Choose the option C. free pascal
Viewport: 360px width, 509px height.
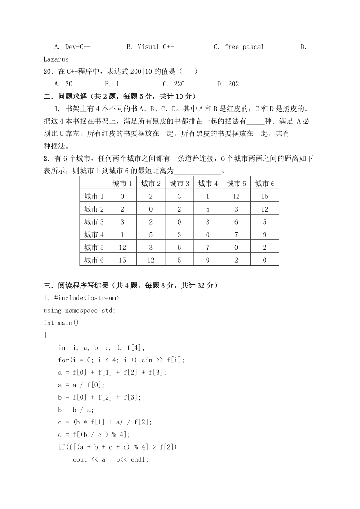(239, 47)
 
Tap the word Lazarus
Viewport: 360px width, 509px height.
(56, 59)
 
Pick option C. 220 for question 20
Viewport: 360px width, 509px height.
(174, 84)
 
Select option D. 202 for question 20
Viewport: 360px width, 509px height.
(228, 84)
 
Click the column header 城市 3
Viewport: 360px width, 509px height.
(179, 184)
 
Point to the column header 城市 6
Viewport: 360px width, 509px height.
(265, 184)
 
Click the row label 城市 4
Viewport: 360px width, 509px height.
(94, 234)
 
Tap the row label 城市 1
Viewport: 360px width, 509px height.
(94, 196)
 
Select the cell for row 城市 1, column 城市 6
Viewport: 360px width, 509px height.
(265, 196)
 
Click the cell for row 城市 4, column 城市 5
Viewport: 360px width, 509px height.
(236, 234)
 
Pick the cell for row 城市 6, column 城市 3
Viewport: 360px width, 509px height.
(179, 260)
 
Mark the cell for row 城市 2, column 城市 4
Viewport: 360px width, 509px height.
(207, 209)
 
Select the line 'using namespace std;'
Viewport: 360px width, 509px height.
(79, 311)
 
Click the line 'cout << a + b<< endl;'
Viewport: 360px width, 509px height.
(110, 459)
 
